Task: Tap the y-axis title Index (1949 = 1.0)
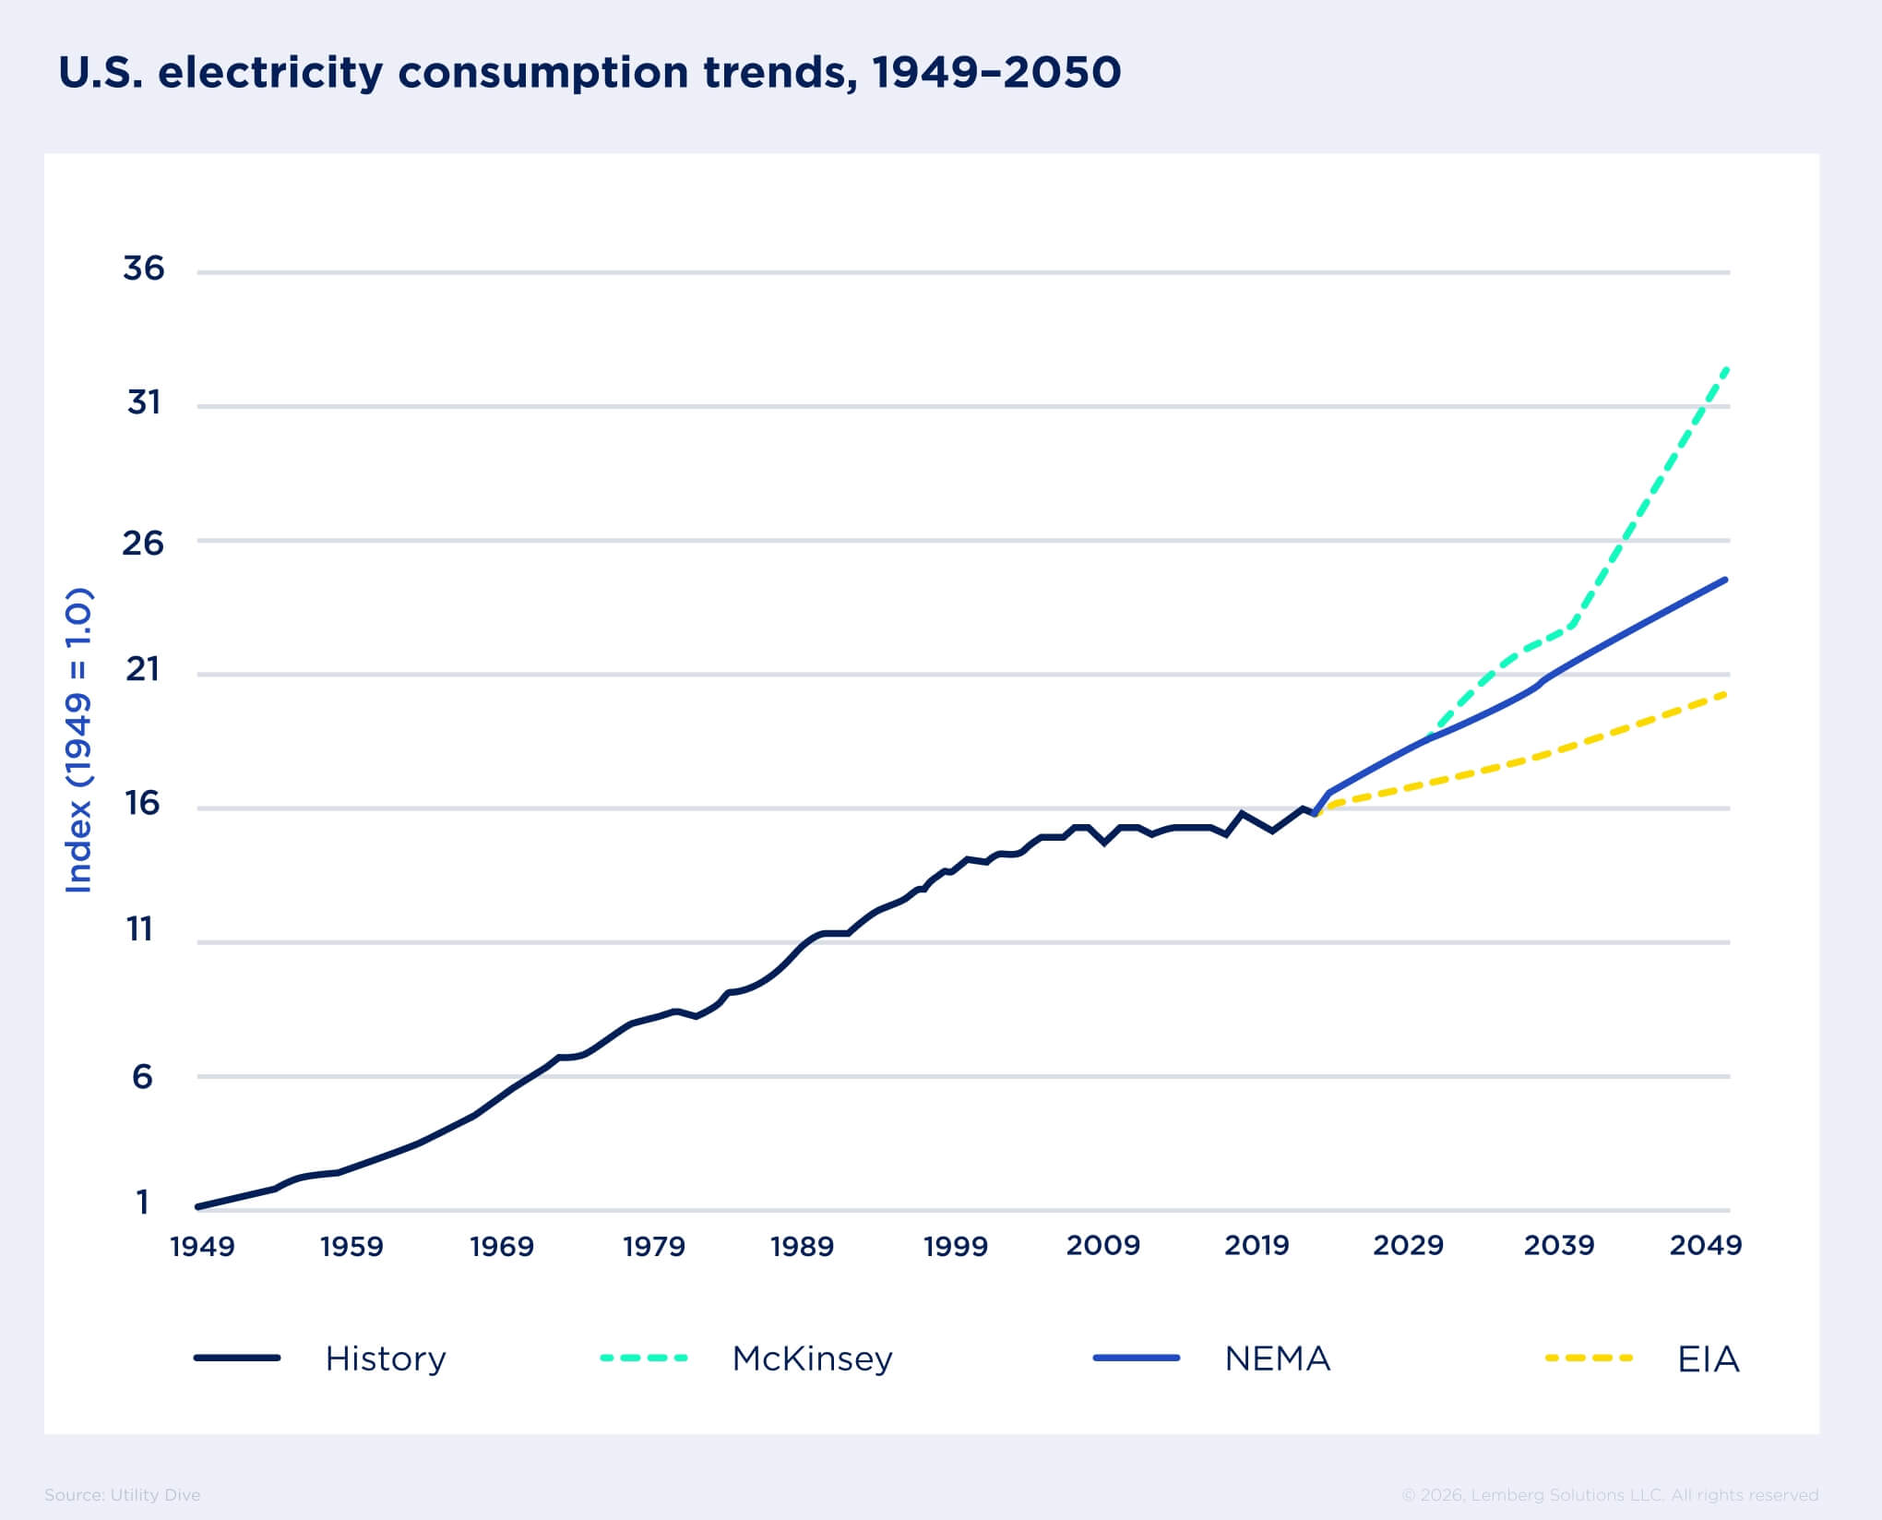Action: tap(79, 739)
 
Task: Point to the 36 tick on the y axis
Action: tap(143, 269)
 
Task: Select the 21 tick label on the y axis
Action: tap(143, 669)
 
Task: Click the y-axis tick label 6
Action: tap(142, 1076)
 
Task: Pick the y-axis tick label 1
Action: tap(142, 1202)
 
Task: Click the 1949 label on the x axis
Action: tap(203, 1246)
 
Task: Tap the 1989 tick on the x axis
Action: tap(802, 1246)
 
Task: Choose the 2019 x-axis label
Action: tap(1256, 1245)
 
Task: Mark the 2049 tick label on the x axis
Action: tap(1705, 1245)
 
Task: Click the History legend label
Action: tap(386, 1358)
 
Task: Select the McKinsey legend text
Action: tap(812, 1358)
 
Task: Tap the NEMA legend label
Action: tap(1277, 1358)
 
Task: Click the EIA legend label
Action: tap(1708, 1358)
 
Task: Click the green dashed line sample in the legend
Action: tap(644, 1358)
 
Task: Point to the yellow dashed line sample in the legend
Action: tap(1589, 1358)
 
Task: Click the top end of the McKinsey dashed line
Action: tap(1726, 369)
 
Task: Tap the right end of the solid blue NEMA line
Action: tap(1724, 580)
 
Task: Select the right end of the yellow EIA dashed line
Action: tap(1724, 694)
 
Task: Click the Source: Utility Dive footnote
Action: tap(122, 1494)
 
